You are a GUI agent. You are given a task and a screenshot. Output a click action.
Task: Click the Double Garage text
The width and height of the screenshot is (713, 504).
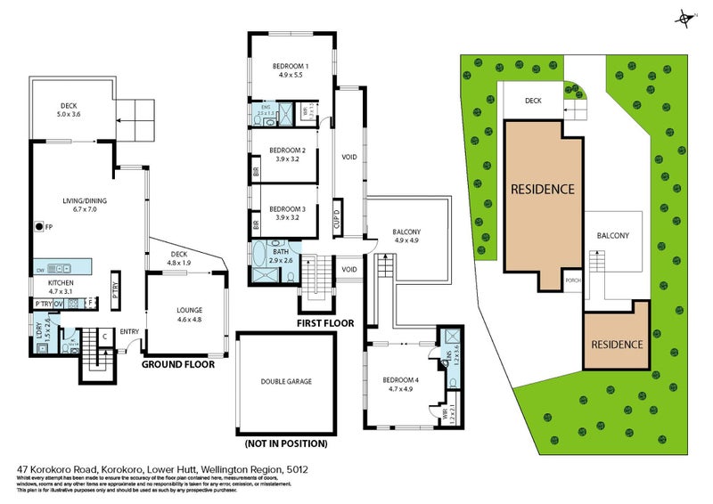(286, 381)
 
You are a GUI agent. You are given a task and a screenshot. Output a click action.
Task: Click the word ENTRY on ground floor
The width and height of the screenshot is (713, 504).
(128, 333)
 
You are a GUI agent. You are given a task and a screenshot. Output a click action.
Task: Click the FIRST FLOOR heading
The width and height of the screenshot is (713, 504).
(325, 323)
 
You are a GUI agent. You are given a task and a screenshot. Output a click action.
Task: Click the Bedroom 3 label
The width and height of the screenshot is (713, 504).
(288, 213)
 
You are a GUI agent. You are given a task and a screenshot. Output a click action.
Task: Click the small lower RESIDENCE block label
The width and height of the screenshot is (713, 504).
(617, 344)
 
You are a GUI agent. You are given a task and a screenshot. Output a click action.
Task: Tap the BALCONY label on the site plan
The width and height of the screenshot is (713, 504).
(612, 236)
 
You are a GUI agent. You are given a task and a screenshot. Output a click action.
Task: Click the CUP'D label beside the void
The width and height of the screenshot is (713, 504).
(338, 218)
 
